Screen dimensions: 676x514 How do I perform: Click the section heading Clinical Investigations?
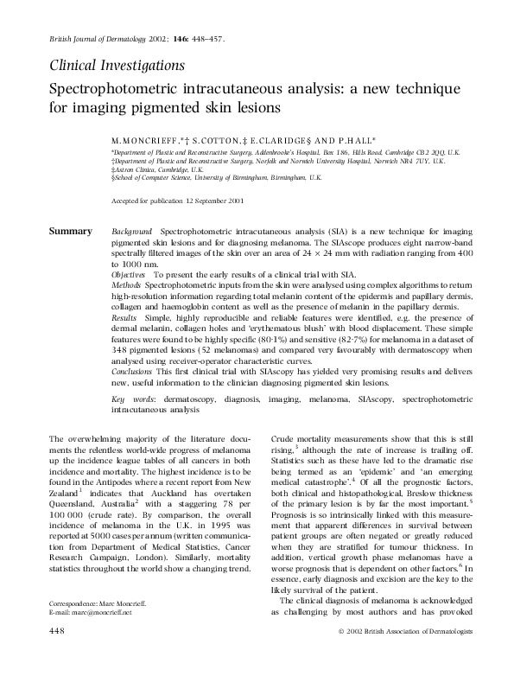tap(117, 65)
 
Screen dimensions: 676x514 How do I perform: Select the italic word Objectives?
tap(130, 272)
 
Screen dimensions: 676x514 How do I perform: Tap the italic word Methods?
tap(127, 284)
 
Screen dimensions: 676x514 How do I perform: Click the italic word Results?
tap(125, 318)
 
